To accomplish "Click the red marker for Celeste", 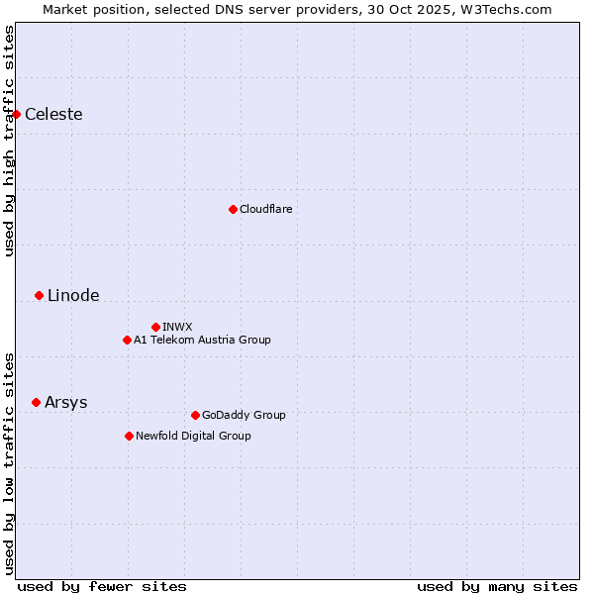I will coord(16,114).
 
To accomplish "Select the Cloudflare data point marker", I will coord(233,209).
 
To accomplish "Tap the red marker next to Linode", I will coord(39,295).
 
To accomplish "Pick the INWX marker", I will coord(155,327).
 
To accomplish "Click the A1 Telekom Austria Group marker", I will coord(127,340).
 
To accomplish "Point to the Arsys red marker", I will coord(36,402).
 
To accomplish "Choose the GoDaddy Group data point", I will coord(195,415).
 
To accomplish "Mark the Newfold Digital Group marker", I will coord(129,436).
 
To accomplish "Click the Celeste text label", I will coord(53,114).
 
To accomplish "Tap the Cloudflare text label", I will coord(265,209).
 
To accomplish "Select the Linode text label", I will coord(73,295).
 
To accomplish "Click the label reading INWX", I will coord(177,327).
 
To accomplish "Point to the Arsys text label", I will coord(65,402).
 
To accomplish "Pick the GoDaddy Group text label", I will coord(243,415).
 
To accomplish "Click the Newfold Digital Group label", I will coord(193,436).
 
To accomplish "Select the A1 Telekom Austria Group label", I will coord(202,340).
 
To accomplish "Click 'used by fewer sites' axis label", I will coord(102,586).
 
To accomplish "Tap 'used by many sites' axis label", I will coord(497,586).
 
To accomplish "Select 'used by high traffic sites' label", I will coord(9,141).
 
